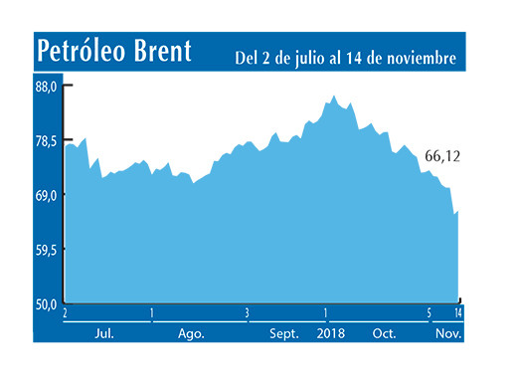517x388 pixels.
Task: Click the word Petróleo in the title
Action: point(85,52)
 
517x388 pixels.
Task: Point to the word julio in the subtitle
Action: point(313,59)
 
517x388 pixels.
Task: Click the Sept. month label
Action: point(285,333)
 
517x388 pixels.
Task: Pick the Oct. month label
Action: point(384,333)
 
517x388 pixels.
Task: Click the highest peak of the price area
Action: point(334,97)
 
